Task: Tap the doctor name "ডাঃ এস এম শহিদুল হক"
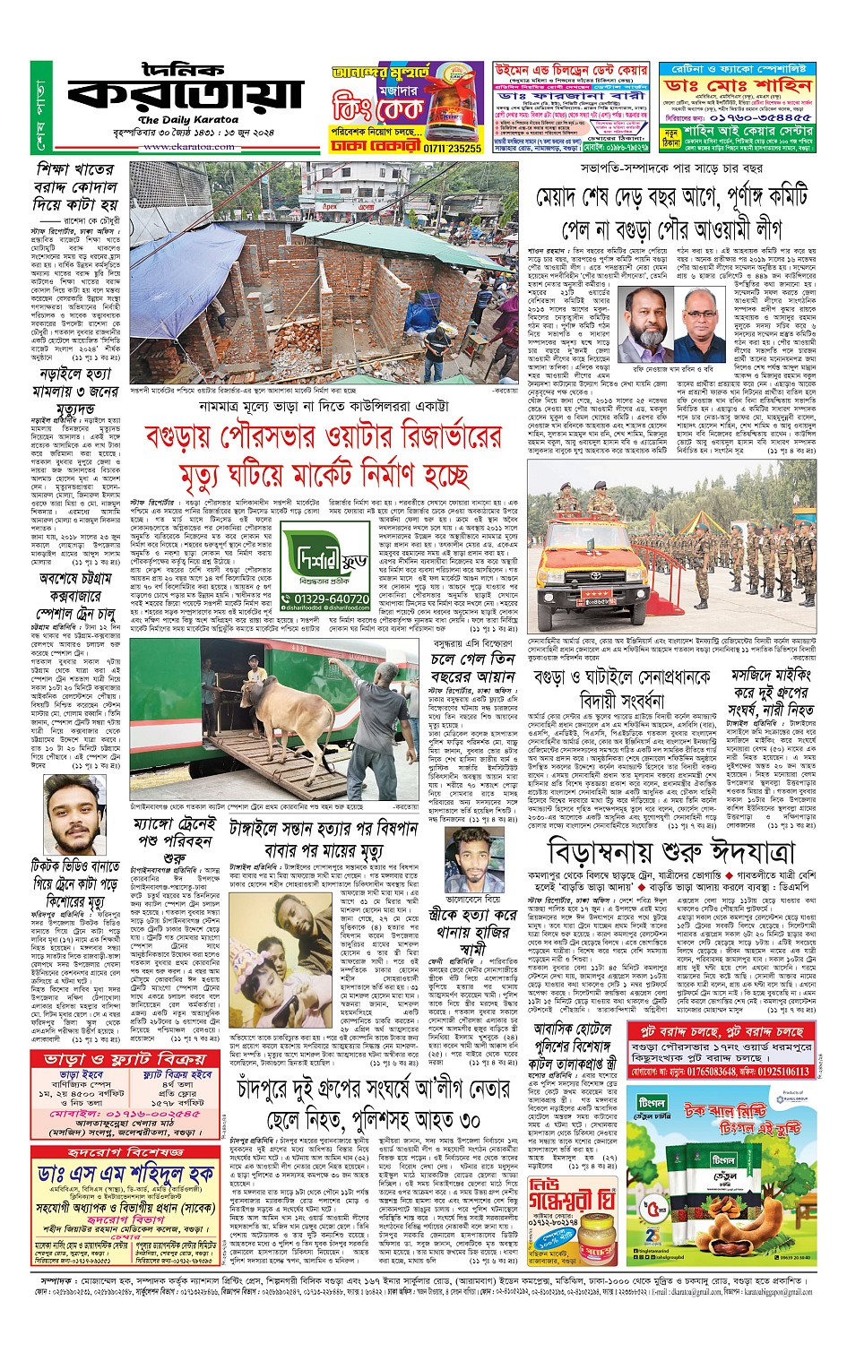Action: point(125,1173)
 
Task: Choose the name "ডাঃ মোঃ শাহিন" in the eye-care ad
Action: point(738,86)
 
